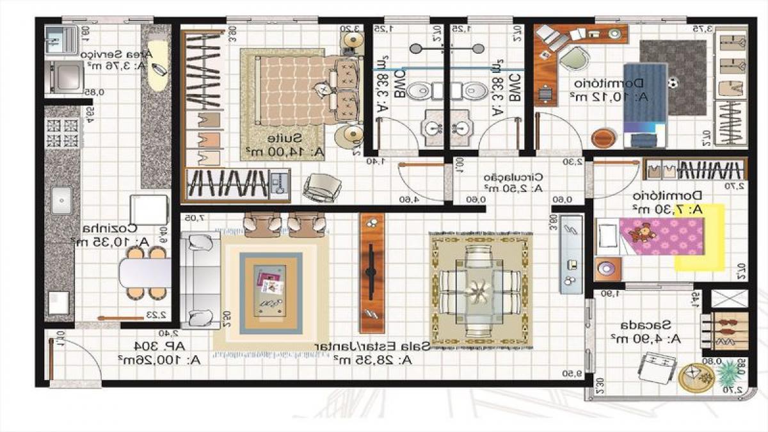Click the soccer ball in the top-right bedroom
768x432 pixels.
point(673,83)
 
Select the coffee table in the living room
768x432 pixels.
point(271,291)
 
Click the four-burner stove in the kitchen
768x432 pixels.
point(62,132)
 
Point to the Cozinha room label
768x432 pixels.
point(109,228)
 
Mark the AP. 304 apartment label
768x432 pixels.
point(161,346)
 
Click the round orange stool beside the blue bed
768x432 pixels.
point(603,138)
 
